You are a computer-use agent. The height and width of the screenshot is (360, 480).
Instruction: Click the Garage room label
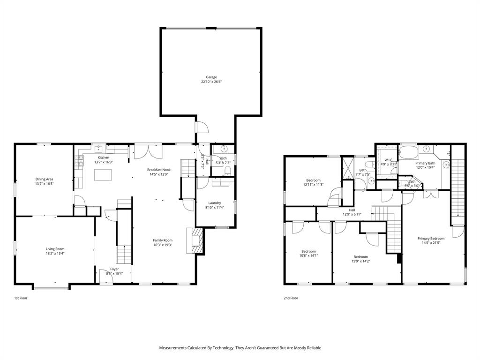[x=211, y=77]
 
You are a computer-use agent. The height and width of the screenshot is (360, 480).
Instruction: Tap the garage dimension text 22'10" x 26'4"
[x=211, y=82]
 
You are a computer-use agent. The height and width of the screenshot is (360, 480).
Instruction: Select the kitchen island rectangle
[x=104, y=175]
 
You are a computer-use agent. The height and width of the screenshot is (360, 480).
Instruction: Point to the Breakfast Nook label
[x=158, y=170]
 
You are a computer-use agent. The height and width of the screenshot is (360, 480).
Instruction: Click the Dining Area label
[x=44, y=179]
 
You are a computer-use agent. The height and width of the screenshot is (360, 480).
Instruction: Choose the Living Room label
[x=55, y=249]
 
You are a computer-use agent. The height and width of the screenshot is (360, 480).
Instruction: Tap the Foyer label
[x=114, y=269]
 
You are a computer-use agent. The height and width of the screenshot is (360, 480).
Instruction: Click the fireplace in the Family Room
[x=196, y=240]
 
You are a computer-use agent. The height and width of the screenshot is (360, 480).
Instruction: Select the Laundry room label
[x=215, y=203]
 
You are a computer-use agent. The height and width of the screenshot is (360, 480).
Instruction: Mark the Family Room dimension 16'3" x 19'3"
[x=163, y=245]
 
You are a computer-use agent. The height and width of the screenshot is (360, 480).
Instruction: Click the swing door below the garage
[x=201, y=127]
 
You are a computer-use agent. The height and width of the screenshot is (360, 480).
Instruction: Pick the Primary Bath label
[x=425, y=163]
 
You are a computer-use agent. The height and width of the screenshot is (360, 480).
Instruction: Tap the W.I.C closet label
[x=388, y=160]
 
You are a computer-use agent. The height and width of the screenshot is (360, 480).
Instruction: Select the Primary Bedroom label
[x=431, y=239]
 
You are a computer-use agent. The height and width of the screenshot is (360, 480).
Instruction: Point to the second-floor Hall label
[x=352, y=210]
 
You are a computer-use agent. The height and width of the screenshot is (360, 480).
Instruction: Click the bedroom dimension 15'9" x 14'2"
[x=360, y=262]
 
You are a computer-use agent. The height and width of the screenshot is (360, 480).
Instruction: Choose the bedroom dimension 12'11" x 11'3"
[x=313, y=185]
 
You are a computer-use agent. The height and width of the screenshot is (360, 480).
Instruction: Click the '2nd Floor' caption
[x=291, y=298]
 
